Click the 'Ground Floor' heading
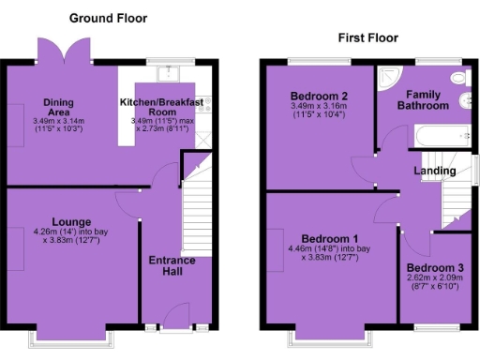coord(108,19)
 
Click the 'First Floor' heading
coord(367,37)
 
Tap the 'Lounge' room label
coord(71,221)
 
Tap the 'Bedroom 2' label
coord(319,96)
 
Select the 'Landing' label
coord(435,171)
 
